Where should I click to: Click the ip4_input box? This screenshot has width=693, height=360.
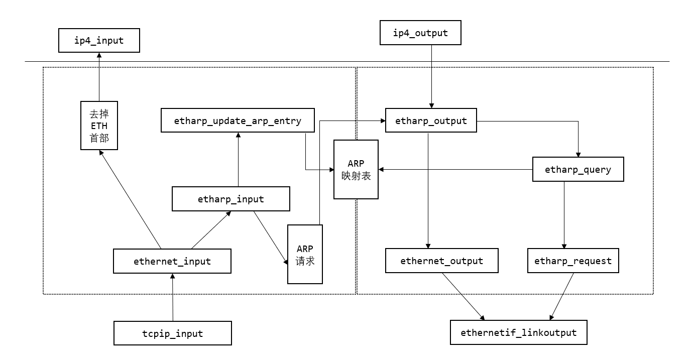(x=99, y=41)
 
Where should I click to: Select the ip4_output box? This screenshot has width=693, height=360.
(x=420, y=33)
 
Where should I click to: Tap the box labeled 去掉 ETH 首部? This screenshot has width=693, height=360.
(x=99, y=126)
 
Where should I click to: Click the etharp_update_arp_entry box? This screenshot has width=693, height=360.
(x=238, y=121)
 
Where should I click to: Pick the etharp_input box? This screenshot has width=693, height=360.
(x=230, y=199)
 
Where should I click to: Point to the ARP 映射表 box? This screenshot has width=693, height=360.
(x=356, y=170)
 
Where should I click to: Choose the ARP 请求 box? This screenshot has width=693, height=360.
(x=305, y=255)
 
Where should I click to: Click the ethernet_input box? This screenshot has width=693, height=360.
(x=172, y=261)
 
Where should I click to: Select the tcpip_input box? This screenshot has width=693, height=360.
(x=172, y=333)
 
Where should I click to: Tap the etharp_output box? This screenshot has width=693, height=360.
(x=431, y=121)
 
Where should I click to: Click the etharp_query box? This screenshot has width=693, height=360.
(x=577, y=170)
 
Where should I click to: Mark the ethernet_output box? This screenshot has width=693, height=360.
(x=441, y=261)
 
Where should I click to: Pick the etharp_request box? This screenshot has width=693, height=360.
(x=572, y=261)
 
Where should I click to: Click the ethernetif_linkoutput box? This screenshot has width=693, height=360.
(x=518, y=332)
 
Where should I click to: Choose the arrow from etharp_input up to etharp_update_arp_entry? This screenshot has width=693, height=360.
(x=238, y=160)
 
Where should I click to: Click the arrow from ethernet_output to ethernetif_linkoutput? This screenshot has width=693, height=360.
(x=463, y=296)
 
